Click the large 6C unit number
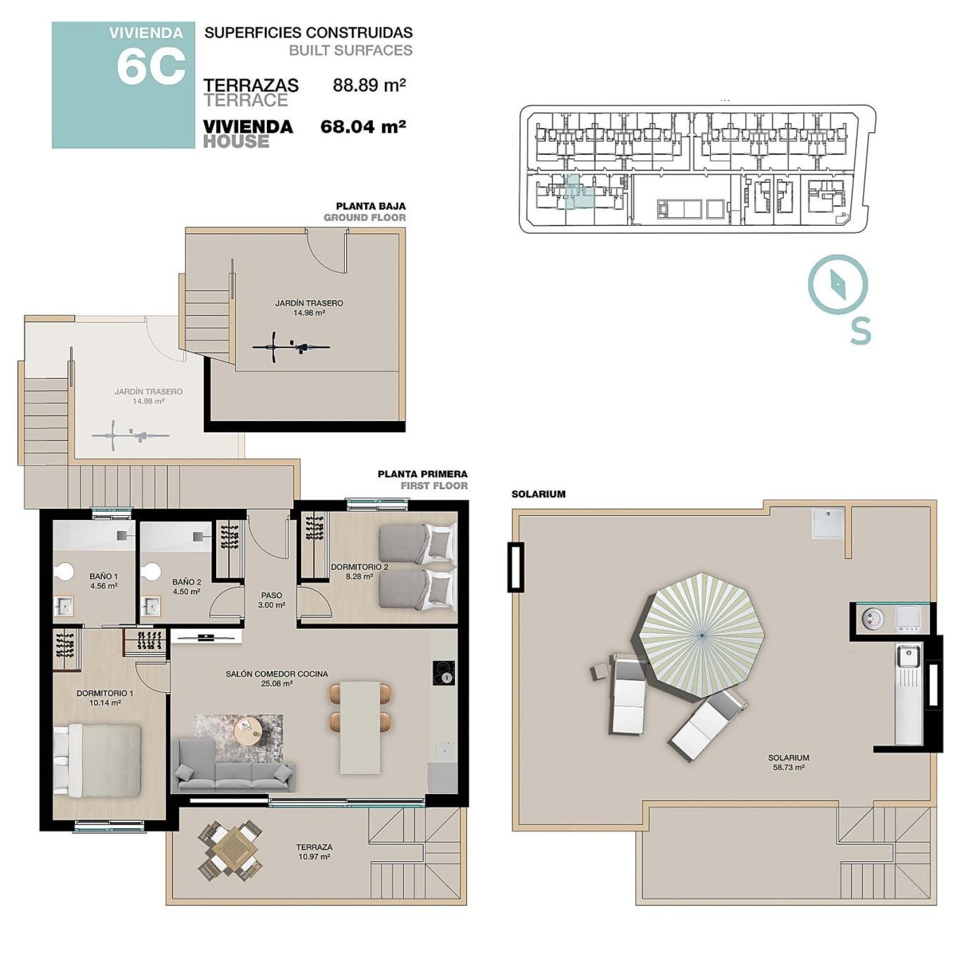point(151,66)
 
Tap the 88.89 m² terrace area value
point(369,86)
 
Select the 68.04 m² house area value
point(363,126)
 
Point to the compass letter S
point(860,331)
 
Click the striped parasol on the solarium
point(702,636)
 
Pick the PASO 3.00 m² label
point(272,600)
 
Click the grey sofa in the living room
point(233,766)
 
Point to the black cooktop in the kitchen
point(444,673)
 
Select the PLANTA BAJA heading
point(370,207)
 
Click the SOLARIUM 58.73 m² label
point(789,762)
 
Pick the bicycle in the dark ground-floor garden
point(291,346)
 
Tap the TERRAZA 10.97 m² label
point(314,852)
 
